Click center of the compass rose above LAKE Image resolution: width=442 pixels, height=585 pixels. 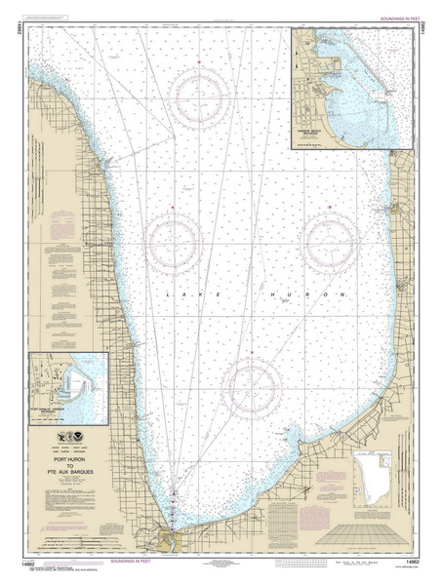click(177, 237)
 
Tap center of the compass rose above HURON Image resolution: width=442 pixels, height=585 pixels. click(328, 237)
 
